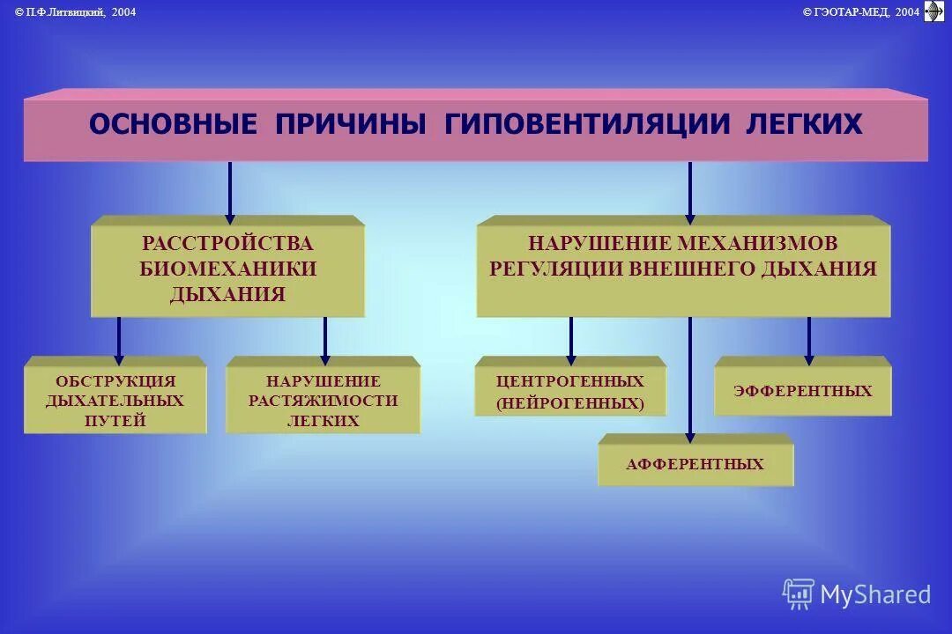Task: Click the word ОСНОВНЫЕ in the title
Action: tap(173, 124)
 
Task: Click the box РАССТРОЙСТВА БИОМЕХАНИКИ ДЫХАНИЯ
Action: tap(227, 268)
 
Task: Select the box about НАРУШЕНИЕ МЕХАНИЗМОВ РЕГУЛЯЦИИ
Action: tap(683, 268)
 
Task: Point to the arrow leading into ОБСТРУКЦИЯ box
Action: tap(119, 340)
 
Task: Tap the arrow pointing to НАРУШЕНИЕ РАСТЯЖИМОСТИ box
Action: tap(325, 340)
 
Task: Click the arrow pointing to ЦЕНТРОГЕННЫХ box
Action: tap(571, 340)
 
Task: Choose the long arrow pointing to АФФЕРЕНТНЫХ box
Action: tap(689, 379)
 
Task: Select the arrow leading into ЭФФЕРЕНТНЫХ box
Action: tap(808, 340)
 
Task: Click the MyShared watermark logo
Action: tap(856, 594)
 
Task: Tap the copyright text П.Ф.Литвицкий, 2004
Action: tap(76, 11)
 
